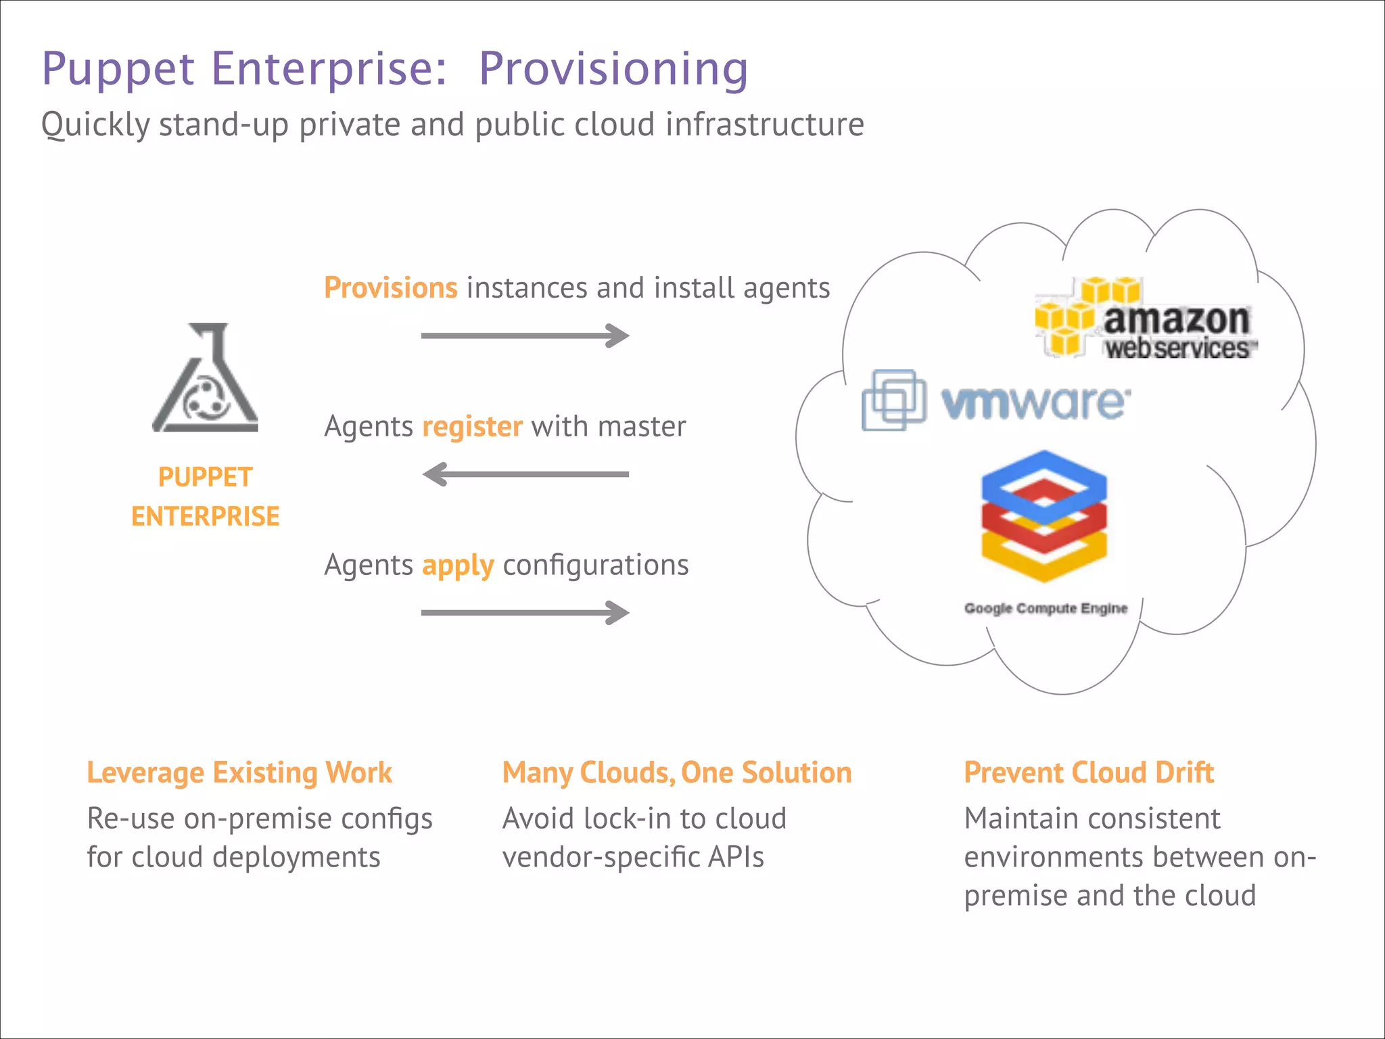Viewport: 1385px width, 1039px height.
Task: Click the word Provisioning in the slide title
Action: click(613, 70)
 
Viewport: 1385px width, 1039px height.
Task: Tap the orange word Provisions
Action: click(391, 288)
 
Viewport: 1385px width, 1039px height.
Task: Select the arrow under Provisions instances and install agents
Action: click(525, 336)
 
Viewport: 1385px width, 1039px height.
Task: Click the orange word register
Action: click(472, 427)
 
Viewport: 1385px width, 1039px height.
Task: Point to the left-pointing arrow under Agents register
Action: click(525, 474)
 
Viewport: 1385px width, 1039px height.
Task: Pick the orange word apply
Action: click(458, 565)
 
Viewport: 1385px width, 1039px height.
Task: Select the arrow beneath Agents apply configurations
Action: click(525, 613)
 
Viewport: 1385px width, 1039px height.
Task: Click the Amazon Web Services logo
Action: click(1146, 318)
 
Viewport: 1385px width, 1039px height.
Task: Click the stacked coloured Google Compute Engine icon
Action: click(1044, 515)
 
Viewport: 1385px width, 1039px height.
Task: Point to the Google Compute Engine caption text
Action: click(1046, 608)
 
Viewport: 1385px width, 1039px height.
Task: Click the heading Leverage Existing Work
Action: click(239, 772)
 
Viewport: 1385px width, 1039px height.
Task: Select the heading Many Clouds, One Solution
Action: click(677, 772)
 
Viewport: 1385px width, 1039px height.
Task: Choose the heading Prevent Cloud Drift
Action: click(1089, 772)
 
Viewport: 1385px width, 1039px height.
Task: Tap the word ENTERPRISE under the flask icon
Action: click(205, 516)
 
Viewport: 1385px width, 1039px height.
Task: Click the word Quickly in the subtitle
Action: click(95, 125)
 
